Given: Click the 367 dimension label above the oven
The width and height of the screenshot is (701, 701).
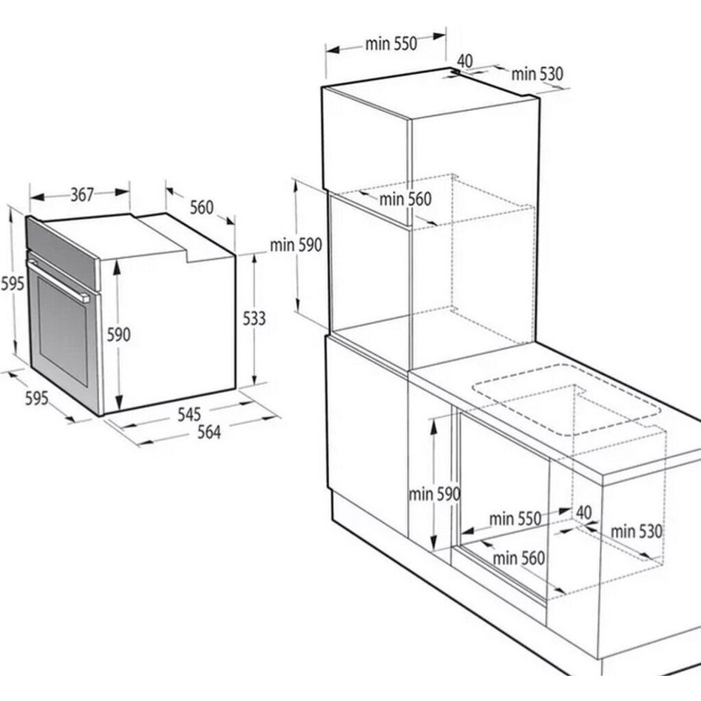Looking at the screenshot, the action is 82,195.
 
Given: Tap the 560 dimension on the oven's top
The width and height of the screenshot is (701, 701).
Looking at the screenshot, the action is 202,208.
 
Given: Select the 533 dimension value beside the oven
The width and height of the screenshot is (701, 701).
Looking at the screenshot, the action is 254,318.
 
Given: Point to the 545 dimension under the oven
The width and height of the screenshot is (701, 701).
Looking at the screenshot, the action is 189,414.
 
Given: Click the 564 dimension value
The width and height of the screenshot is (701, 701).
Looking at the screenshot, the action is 209,433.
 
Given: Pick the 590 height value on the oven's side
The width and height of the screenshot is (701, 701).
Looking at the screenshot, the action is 118,334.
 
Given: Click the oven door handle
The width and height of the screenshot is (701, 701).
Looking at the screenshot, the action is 58,281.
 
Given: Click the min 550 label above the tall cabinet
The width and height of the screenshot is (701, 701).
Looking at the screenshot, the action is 391,44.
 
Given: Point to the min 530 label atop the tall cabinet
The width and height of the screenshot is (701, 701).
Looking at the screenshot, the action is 538,74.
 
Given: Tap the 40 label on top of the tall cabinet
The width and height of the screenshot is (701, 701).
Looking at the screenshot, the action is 465,61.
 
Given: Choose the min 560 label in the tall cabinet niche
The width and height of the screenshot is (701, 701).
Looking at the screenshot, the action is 405,199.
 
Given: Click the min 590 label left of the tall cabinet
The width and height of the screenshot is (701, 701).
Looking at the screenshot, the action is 296,245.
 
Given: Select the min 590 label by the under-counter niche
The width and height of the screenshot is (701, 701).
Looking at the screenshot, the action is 435,494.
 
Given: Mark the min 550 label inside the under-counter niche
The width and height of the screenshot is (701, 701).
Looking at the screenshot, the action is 515,518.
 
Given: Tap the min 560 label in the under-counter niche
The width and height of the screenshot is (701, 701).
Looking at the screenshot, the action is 518,558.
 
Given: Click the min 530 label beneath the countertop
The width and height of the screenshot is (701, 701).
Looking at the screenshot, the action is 636,532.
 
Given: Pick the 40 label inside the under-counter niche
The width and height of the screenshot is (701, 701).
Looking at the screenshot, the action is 584,512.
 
